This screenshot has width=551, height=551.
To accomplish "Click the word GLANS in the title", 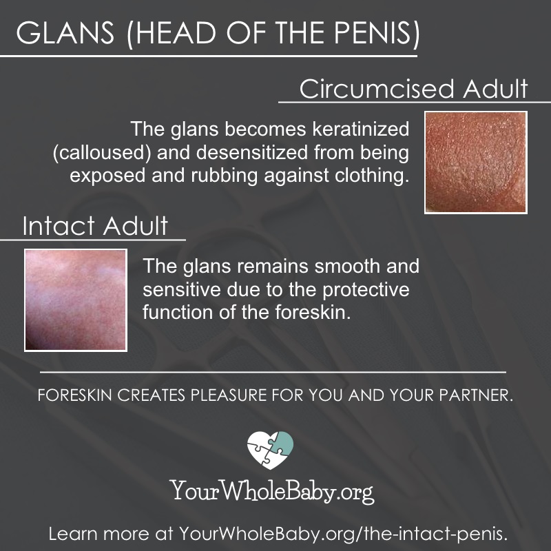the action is point(65,32).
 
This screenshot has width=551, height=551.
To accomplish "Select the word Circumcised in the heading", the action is point(377,89).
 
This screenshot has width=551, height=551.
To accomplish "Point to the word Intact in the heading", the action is point(59,226).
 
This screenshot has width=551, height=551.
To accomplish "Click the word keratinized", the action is point(360,129).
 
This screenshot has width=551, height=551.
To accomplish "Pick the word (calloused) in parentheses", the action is point(102,153).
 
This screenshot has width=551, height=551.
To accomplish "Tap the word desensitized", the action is point(252,153).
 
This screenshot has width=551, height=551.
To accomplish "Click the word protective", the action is point(366,289).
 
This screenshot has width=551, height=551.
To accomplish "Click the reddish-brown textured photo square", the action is point(476,163).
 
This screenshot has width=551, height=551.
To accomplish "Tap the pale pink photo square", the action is point(76,300).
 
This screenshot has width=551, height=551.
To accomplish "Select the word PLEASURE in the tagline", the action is point(229,395).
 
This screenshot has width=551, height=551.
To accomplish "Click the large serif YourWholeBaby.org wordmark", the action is point(272,491).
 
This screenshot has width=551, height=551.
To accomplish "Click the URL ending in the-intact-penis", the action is point(344,534).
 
